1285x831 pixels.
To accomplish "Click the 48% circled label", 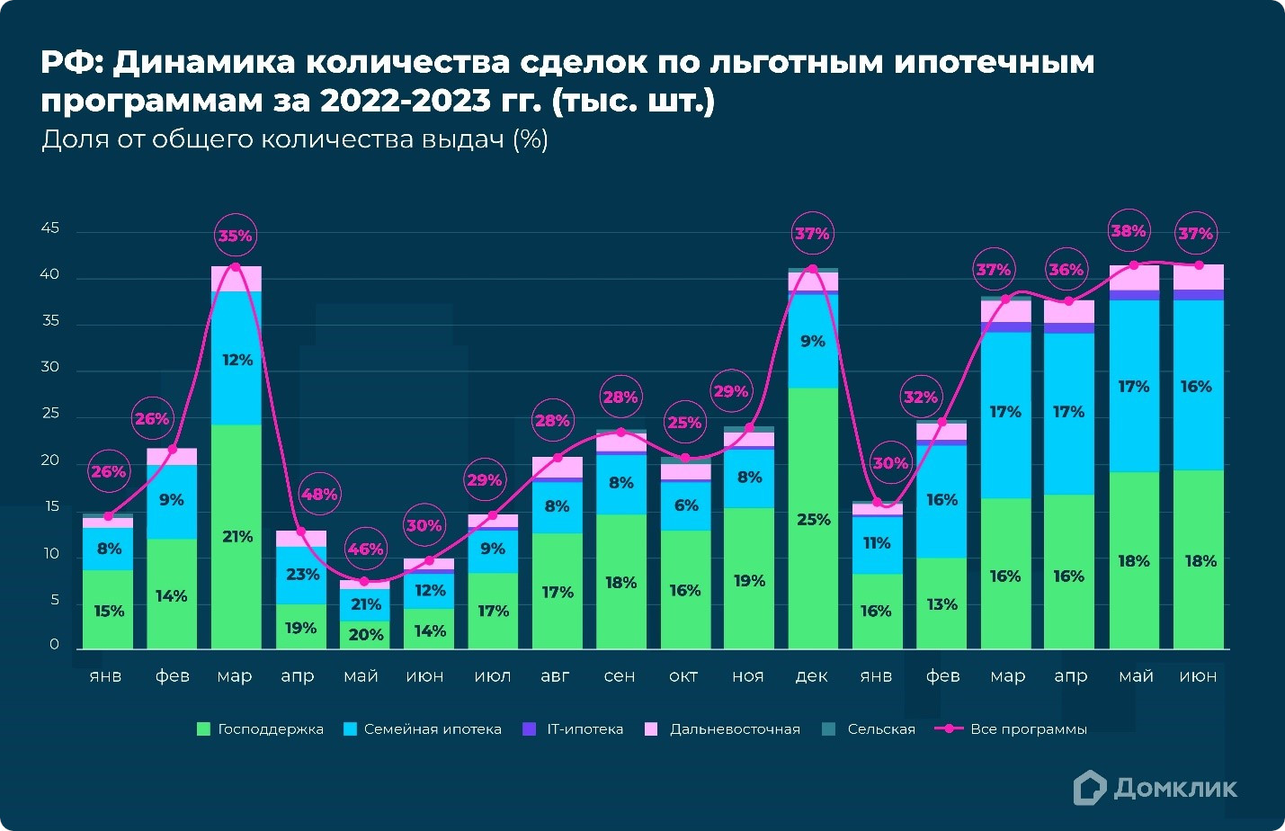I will coord(319,495).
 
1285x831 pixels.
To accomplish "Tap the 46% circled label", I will coord(365,549).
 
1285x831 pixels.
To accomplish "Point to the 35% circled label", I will coord(236,237).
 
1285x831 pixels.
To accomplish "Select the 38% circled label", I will coord(1129,231).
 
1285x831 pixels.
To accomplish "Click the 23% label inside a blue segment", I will coord(303,574).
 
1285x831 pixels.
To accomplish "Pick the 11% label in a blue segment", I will coord(877,543).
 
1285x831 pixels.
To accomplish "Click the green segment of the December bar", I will coord(813,518).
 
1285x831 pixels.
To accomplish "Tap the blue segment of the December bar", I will coord(813,342).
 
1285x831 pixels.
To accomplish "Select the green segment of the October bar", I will coord(685,590).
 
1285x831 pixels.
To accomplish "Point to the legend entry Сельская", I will coord(880,729).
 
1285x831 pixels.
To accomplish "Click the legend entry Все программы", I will coord(1028,729).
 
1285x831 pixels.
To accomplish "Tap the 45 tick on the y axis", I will coord(50,228).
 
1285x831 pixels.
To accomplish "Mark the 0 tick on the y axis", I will coord(55,645).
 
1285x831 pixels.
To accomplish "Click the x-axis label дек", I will coord(811,676).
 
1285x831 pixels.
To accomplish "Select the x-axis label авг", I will coord(555,676).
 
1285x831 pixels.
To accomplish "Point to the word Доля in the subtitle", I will coord(76,139).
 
